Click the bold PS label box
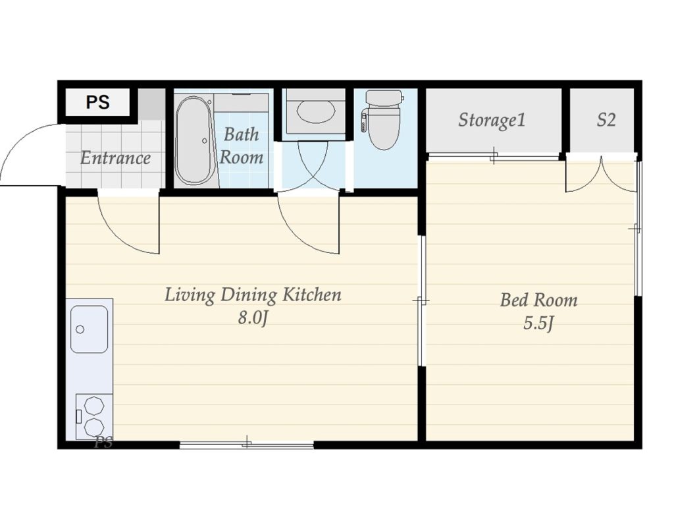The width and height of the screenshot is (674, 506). [x=98, y=102]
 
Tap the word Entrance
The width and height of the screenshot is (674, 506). [x=115, y=158]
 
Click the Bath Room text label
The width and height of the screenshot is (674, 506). [x=241, y=146]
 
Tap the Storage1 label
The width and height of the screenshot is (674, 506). [x=492, y=121]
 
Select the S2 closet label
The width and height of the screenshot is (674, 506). [x=606, y=120]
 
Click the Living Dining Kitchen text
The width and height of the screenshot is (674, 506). [x=253, y=295]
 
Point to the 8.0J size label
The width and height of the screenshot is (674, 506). [x=253, y=318]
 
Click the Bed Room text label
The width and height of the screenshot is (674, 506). [x=538, y=300]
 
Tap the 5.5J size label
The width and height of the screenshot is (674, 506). [x=538, y=323]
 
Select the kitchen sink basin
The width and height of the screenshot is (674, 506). [x=89, y=329]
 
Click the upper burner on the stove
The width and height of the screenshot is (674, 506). [x=93, y=406]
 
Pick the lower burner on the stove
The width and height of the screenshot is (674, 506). [x=94, y=427]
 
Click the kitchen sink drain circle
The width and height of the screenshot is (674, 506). [x=80, y=329]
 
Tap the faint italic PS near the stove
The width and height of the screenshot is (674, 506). [x=103, y=442]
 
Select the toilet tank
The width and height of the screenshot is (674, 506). [x=384, y=98]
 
